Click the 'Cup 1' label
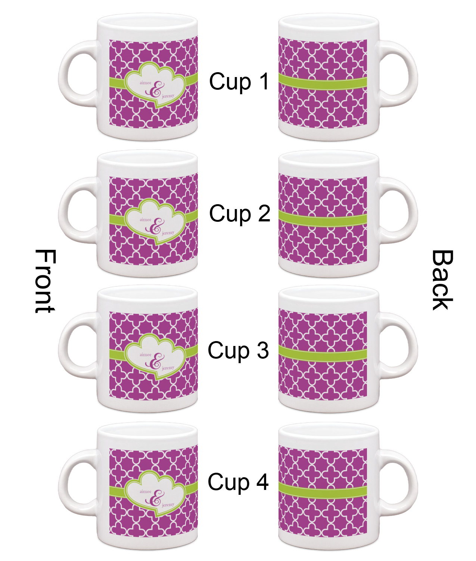tap(239, 82)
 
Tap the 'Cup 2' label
tap(239, 214)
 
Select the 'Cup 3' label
tap(238, 350)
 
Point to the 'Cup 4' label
tap(238, 481)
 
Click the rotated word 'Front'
tap(45, 281)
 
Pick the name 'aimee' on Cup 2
tap(146, 220)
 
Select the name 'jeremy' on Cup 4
tap(168, 505)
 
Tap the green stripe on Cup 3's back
tap(323, 353)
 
